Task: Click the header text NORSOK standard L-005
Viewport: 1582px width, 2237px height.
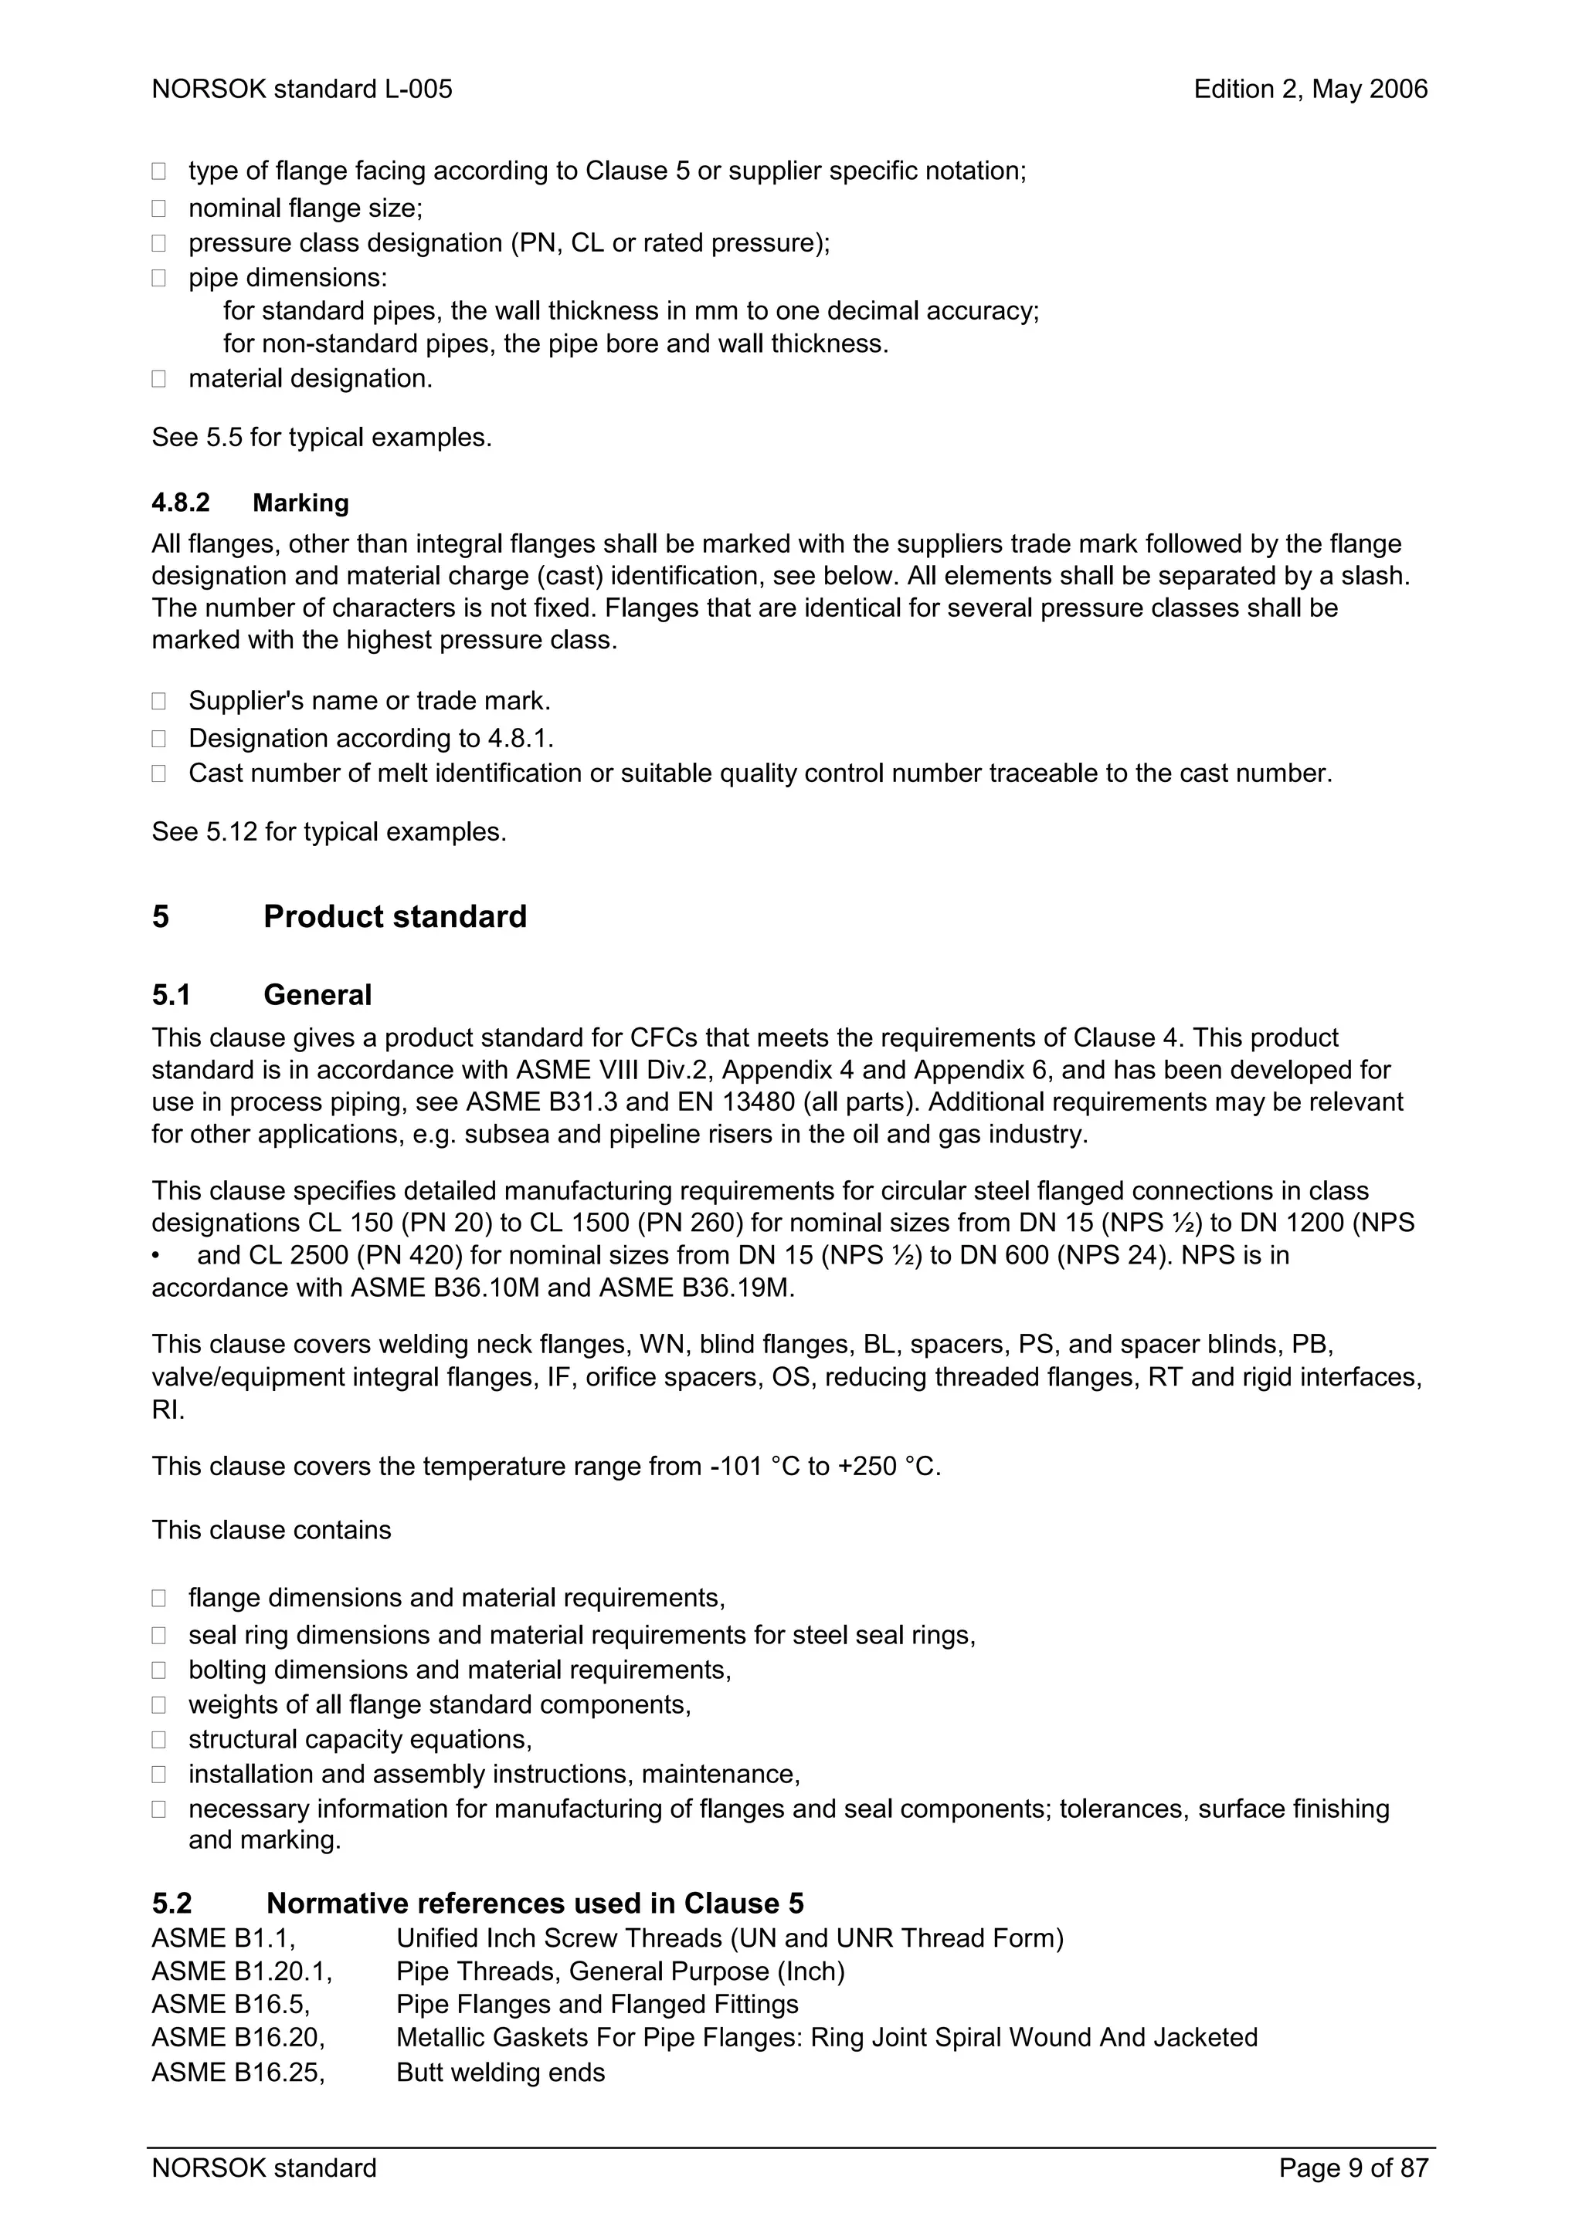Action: tap(301, 90)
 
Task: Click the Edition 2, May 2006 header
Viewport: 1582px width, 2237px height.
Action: tap(1310, 90)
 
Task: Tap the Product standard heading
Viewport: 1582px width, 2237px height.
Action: tap(395, 917)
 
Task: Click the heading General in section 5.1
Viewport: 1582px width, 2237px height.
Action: tap(317, 995)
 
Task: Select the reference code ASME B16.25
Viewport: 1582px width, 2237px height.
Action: tap(237, 2073)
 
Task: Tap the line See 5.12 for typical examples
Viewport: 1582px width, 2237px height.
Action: tap(328, 832)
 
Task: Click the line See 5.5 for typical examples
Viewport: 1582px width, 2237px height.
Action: tap(321, 438)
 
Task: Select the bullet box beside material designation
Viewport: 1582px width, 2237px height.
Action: tap(159, 379)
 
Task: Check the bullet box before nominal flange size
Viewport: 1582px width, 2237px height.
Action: tap(159, 208)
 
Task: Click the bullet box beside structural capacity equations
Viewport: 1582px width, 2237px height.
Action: tap(159, 1740)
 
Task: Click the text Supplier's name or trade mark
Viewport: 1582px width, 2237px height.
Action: tap(369, 701)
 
